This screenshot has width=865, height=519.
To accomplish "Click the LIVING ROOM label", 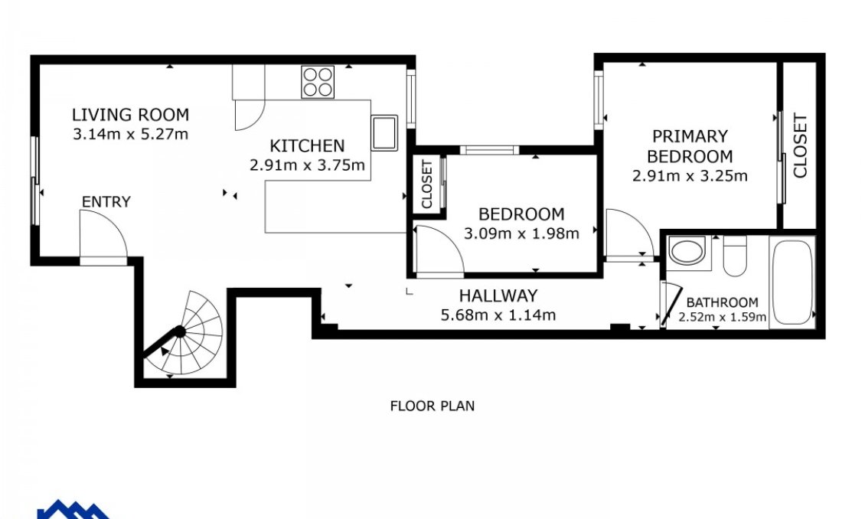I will pos(130,116).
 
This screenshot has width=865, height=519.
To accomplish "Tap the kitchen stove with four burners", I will pos(318,82).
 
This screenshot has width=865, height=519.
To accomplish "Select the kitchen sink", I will pos(384,132).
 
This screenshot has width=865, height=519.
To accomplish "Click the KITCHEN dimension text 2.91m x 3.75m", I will pos(306,164).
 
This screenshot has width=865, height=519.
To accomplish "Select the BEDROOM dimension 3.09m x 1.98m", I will pos(521,233).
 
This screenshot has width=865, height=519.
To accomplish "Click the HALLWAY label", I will pos(498,295).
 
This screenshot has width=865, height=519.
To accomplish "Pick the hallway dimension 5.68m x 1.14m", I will pos(498,315).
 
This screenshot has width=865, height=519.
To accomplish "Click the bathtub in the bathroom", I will pos(792,282).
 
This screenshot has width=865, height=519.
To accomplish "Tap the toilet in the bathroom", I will pos(735,254).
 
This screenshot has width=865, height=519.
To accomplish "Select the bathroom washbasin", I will pos(687,252).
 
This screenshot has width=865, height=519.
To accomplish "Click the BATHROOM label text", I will pos(722,302).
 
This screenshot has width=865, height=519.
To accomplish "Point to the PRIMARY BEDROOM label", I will pos(690,146).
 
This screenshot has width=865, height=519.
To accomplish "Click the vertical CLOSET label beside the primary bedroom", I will pos(800,145).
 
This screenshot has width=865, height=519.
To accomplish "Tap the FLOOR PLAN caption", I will pos(432,406).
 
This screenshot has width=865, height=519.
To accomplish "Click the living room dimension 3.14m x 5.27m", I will pos(130,135).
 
